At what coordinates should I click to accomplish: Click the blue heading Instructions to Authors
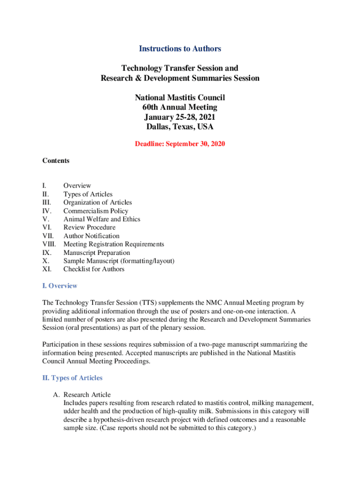click(x=180, y=49)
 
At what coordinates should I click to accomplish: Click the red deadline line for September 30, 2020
click(x=180, y=144)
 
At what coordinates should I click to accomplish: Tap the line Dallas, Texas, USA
click(x=180, y=127)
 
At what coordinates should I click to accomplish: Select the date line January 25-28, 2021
click(x=180, y=117)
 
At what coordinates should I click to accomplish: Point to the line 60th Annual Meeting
click(x=180, y=108)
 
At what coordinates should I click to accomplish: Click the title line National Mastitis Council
click(x=180, y=98)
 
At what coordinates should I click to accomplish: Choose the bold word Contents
click(x=56, y=161)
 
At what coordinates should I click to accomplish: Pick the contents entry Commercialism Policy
click(x=96, y=211)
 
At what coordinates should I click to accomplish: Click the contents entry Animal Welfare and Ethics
click(x=102, y=219)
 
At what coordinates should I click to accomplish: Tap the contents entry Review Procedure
click(x=89, y=228)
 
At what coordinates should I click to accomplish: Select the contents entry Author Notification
click(x=92, y=236)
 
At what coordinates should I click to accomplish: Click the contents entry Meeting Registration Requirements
click(x=114, y=244)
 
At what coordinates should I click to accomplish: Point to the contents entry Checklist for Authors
click(x=94, y=269)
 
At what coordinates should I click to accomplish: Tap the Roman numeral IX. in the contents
click(x=46, y=253)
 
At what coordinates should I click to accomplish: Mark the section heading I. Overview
click(x=60, y=286)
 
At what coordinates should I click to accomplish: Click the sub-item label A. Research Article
click(x=82, y=395)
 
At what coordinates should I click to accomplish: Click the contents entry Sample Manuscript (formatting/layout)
click(x=119, y=261)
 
